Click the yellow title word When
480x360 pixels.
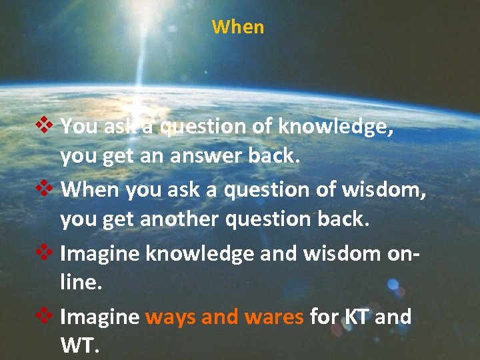coord(238,27)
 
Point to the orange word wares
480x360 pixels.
coord(274,317)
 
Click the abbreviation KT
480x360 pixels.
coord(357,317)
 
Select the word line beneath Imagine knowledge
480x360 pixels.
coord(79,283)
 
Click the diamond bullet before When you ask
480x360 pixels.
coord(45,189)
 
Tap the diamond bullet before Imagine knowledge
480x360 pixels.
coord(45,252)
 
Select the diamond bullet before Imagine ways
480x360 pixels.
coord(45,315)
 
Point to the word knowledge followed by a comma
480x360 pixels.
coord(336,127)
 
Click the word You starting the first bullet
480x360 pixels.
coord(79,127)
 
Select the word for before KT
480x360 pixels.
coord(324,317)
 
